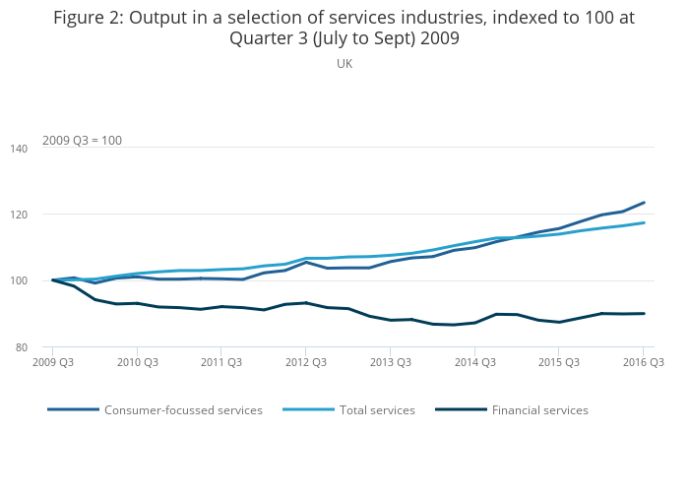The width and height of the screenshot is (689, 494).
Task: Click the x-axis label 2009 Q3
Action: (53, 363)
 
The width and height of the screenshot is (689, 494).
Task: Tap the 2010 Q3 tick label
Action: (138, 363)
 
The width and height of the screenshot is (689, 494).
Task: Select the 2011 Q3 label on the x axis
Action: (221, 363)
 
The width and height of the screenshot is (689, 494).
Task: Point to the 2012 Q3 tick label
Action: (306, 363)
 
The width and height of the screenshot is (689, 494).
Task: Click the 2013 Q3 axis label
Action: (390, 363)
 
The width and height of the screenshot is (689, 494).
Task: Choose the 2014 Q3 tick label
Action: (474, 363)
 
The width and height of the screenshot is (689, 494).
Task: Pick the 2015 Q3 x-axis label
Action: (558, 363)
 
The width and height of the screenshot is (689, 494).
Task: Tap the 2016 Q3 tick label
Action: (643, 363)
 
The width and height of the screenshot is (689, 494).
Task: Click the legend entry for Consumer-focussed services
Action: (183, 410)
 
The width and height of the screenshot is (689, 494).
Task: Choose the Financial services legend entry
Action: (539, 410)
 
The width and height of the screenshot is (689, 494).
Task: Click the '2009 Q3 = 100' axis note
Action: (82, 141)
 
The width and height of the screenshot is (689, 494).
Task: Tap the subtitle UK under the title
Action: (344, 64)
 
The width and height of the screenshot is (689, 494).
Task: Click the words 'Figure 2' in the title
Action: (90, 18)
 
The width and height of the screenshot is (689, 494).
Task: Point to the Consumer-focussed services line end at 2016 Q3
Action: (644, 203)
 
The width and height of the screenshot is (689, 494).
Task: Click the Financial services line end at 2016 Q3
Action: (644, 314)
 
